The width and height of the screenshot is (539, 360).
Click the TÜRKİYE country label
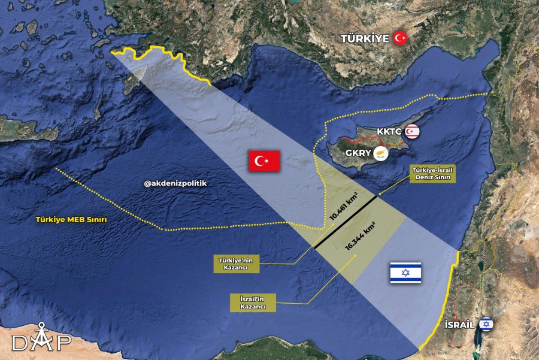pos(365,38)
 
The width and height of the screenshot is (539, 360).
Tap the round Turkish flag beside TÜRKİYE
pos(400,38)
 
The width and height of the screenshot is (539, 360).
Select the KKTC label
pos(389,131)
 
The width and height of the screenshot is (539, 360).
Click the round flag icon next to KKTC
pos(412,131)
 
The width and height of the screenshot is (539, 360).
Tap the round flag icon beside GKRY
pos(380,153)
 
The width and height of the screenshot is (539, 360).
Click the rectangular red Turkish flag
pos(264,161)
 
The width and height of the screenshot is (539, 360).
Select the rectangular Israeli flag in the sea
pos(405,273)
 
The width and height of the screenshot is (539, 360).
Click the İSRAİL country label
pos(459,325)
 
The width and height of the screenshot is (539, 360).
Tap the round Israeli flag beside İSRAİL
pos(486,325)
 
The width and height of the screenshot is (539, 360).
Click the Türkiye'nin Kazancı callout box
pos(236,264)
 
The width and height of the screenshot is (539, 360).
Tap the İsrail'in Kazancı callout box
pos(253,302)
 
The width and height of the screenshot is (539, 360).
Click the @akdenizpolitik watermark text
pos(175,184)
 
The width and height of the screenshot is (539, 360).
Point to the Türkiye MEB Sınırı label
pos(71,220)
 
